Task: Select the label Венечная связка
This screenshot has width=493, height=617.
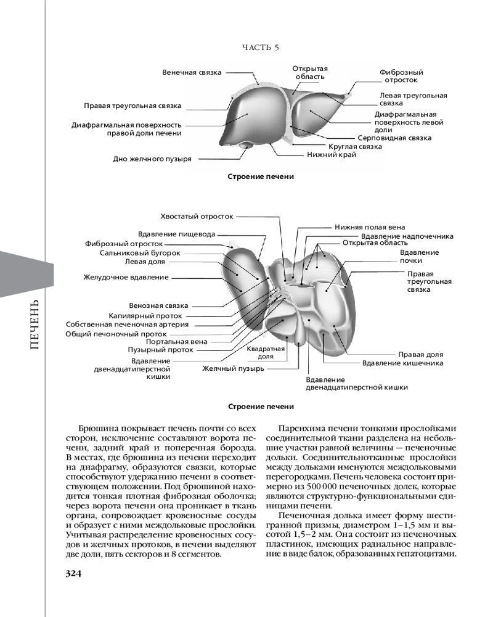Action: click(192, 72)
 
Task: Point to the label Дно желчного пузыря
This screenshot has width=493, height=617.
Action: click(152, 159)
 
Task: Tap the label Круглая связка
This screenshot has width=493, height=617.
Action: click(355, 147)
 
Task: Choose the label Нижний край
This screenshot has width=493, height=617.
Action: click(332, 155)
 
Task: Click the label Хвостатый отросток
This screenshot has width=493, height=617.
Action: click(197, 217)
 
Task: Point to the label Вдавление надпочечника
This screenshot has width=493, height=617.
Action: click(407, 236)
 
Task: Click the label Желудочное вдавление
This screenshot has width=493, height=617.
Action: click(126, 278)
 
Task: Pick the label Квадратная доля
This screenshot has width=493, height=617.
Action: click(266, 352)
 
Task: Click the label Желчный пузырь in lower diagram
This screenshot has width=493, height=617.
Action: click(234, 369)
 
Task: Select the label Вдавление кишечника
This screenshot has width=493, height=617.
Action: click(403, 363)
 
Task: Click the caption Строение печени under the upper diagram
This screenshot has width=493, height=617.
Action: click(261, 176)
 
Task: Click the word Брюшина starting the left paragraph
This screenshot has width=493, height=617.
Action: click(97, 427)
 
